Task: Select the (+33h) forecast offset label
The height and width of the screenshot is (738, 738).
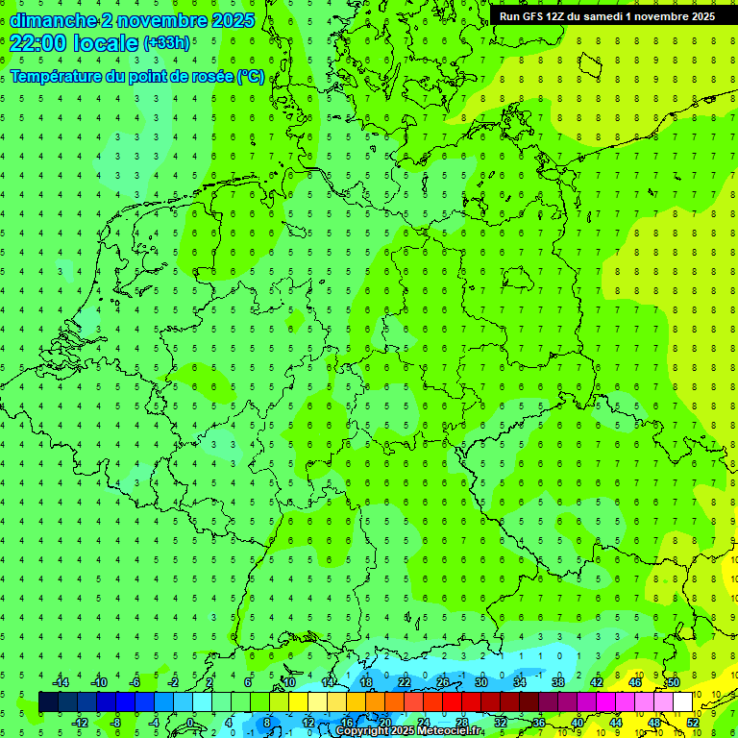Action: point(167,43)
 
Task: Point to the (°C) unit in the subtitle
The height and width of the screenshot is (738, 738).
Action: point(251,76)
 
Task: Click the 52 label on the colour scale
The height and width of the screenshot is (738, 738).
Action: point(693,722)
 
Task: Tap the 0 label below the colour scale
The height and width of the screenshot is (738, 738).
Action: point(190,722)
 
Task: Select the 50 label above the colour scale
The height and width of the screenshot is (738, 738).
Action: point(674,681)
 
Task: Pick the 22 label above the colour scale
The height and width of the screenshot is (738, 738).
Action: point(405,681)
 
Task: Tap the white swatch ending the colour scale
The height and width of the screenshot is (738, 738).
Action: point(682,701)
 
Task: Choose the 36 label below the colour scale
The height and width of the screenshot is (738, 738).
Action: point(539,722)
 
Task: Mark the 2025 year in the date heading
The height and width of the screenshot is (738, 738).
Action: point(234,20)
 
